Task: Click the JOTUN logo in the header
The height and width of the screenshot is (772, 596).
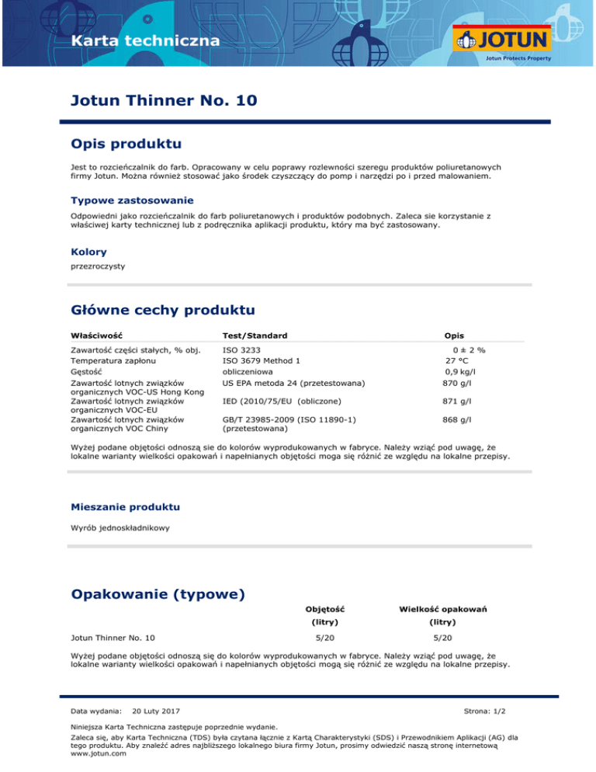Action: (x=504, y=39)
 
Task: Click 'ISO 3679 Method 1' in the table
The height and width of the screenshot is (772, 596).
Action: (x=262, y=360)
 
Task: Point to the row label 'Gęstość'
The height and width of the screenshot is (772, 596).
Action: (x=86, y=371)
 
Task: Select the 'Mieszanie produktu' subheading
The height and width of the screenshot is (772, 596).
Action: (x=125, y=506)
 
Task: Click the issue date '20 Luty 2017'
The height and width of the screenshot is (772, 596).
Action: (x=157, y=711)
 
